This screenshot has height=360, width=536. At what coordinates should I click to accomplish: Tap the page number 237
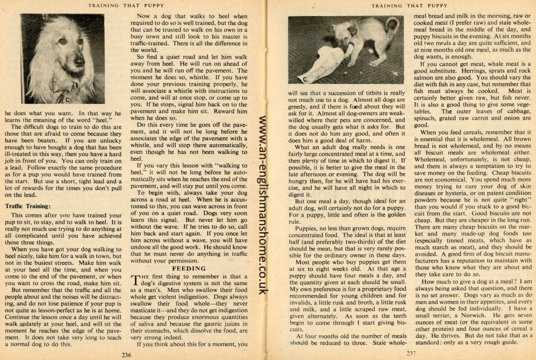click(x=411, y=353)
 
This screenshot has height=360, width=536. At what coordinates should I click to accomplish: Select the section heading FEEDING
click(x=189, y=268)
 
